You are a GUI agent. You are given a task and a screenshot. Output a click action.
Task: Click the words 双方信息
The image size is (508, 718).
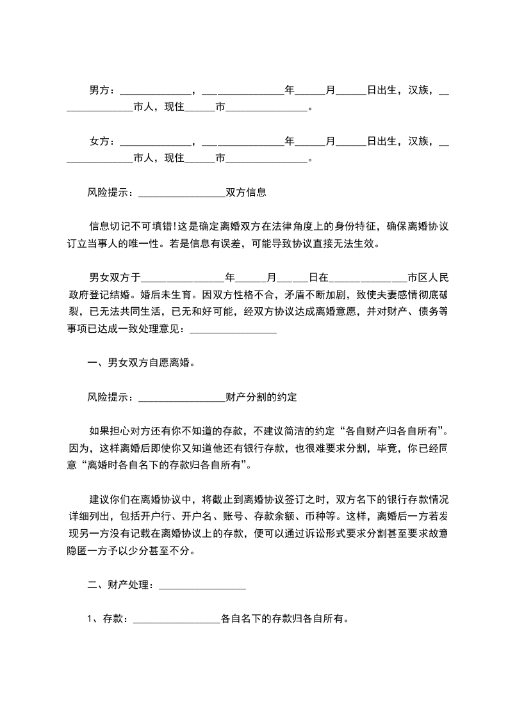click(x=246, y=191)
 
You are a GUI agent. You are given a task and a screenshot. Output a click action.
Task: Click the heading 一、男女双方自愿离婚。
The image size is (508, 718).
click(x=141, y=363)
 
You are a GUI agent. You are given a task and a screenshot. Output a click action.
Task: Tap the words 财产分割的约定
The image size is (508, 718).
click(x=261, y=397)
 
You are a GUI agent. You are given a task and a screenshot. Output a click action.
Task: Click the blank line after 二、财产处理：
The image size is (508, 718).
click(x=201, y=586)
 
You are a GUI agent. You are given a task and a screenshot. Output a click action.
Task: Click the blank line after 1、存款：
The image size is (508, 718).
click(x=176, y=620)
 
